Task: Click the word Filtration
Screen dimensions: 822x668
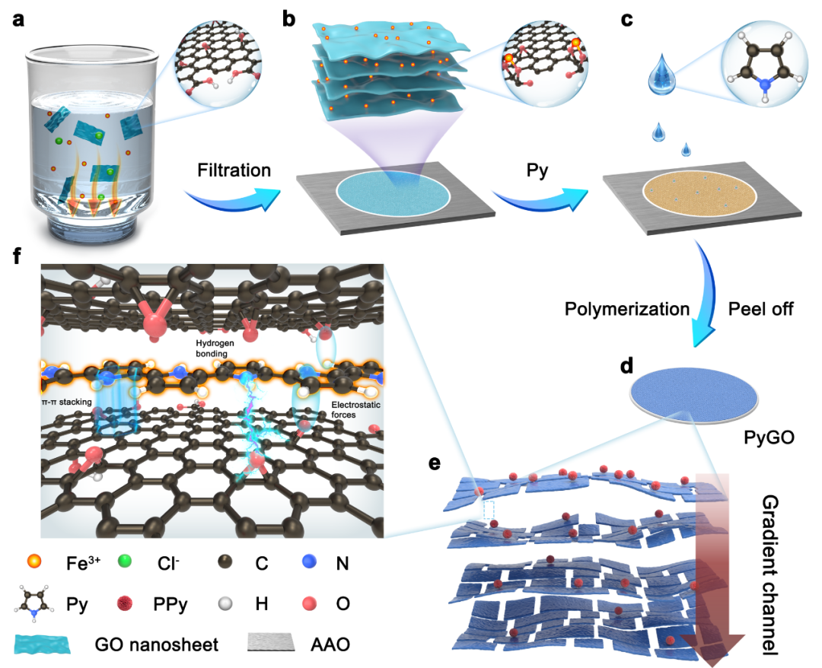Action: [x=234, y=170]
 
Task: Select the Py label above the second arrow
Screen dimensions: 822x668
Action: [x=537, y=171]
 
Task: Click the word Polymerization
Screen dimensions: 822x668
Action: [x=627, y=309]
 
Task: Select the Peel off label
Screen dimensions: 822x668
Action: [x=760, y=309]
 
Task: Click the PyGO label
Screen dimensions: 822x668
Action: [x=769, y=437]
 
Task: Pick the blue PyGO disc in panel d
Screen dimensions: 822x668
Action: [x=694, y=395]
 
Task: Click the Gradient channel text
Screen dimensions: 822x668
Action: [x=769, y=574]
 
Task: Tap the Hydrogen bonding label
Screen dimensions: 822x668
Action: [x=215, y=348]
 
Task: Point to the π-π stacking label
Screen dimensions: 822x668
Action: [x=66, y=402]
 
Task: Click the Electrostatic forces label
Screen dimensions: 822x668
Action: [x=355, y=410]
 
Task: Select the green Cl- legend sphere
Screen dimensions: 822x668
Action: [x=125, y=561]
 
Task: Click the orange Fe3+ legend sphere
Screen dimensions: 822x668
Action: [x=33, y=561]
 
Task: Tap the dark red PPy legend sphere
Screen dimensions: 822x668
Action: [x=124, y=603]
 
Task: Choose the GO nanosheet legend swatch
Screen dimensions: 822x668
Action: [x=43, y=644]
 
